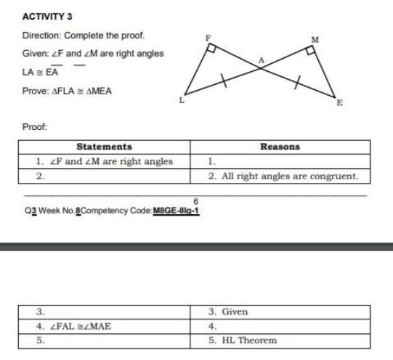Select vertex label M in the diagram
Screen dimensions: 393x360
point(315,38)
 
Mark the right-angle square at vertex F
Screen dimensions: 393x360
point(211,48)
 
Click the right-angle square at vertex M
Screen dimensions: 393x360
point(310,51)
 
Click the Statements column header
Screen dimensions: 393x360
point(104,147)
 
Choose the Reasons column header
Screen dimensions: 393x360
point(280,147)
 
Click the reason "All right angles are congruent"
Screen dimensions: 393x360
point(283,176)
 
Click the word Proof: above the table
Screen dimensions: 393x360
point(35,126)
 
